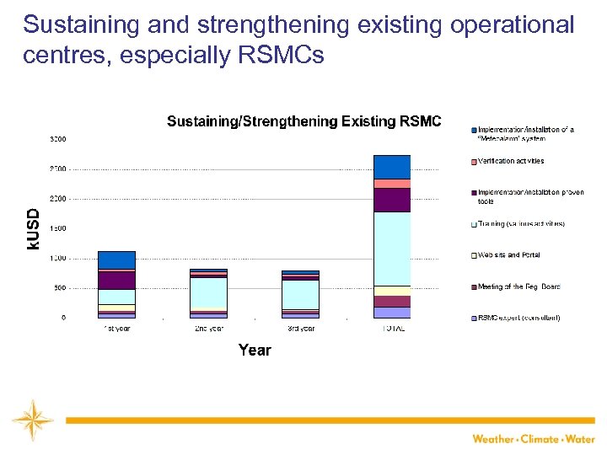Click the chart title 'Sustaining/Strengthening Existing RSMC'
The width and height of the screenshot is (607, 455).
coord(303,121)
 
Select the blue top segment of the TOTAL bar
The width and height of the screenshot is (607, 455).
coord(391,167)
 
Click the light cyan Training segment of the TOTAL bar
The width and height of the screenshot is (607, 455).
coord(391,249)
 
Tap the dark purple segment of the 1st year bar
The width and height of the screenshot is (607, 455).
coord(116,280)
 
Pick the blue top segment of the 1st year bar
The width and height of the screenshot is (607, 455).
coord(116,260)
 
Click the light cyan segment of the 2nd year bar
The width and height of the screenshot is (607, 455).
coord(208,292)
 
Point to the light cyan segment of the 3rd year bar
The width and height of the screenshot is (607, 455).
coord(300,294)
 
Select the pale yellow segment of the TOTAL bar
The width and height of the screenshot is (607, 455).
coord(391,291)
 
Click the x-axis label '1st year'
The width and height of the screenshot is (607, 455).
coord(116,329)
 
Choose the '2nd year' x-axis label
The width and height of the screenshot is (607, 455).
coord(208,329)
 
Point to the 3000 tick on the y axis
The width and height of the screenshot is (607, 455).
coord(58,139)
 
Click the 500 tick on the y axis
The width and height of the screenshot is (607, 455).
coord(60,288)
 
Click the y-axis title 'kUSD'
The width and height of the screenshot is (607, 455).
coord(32,228)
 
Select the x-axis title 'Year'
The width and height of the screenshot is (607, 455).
coord(255,350)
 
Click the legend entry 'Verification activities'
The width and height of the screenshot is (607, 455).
coord(511,161)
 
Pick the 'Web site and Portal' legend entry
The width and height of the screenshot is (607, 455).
coord(508,255)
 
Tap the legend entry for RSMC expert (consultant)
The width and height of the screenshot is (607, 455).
coord(518,318)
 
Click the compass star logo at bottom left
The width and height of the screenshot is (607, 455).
coord(32,420)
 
